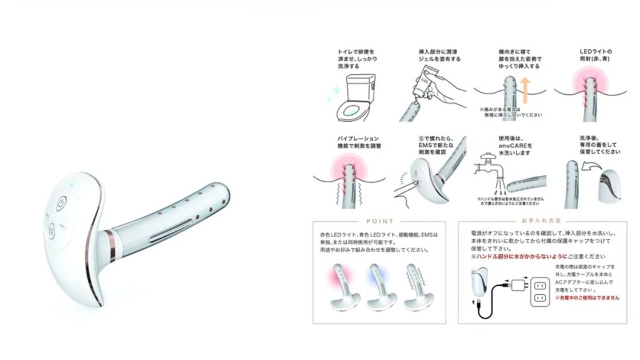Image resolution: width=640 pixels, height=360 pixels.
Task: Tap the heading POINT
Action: click(379, 221)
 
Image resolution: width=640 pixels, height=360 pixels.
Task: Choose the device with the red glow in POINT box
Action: click(342, 286)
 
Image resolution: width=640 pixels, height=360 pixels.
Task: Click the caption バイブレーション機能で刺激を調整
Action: click(359, 142)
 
